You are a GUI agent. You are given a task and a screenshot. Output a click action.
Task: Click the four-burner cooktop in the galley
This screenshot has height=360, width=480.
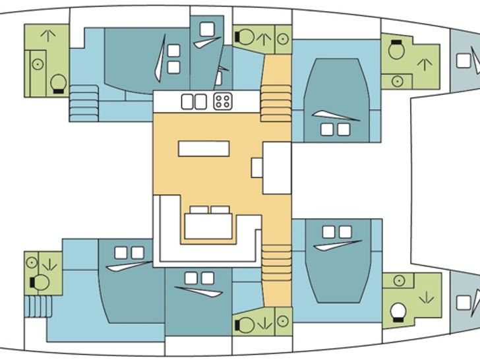[x=222, y=101]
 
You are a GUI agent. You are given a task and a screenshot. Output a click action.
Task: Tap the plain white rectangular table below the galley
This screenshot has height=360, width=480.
[x=204, y=148]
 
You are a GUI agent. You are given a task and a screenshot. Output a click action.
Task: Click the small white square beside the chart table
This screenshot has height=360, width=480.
[x=256, y=167]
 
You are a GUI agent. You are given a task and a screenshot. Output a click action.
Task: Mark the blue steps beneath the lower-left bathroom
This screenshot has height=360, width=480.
[x=38, y=306]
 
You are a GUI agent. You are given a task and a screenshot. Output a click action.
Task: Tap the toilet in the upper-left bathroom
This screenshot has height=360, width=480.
[x=58, y=82]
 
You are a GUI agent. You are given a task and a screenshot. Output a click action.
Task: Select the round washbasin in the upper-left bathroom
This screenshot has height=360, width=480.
[x=38, y=65]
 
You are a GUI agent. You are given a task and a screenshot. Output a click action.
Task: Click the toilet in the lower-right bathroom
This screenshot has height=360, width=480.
[x=398, y=311]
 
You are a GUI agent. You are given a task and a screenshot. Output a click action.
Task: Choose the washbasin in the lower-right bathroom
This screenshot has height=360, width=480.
[x=398, y=281]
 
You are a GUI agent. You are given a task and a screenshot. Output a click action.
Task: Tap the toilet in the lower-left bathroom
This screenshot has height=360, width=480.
[x=40, y=282]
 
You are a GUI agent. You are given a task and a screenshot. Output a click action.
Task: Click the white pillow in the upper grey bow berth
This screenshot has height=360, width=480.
[x=464, y=60]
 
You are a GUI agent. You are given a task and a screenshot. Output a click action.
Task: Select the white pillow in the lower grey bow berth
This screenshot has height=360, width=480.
[x=464, y=302]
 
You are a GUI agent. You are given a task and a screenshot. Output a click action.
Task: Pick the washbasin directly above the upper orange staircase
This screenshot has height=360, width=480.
[x=283, y=38]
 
